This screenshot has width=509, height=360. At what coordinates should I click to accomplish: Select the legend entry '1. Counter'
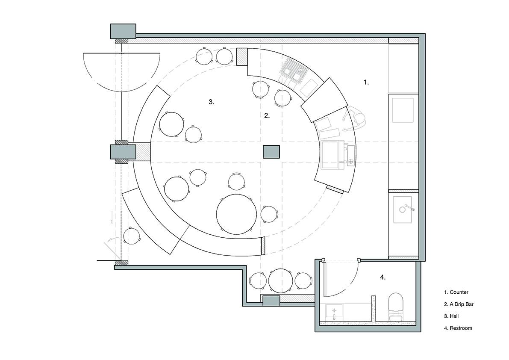[x=456, y=292]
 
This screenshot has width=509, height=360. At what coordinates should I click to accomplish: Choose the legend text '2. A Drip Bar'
[x=459, y=304]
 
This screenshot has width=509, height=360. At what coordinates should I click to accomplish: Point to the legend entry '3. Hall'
[x=451, y=316]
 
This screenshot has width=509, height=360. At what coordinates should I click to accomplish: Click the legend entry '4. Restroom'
[x=458, y=328]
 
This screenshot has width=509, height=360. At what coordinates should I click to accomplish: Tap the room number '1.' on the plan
[x=366, y=83]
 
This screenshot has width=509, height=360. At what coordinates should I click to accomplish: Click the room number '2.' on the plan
[x=267, y=115]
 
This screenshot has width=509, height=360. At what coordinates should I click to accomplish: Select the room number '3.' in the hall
[x=211, y=102]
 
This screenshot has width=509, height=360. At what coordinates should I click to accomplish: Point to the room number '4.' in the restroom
[x=383, y=277]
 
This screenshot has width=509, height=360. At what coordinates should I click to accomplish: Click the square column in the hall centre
[x=271, y=152]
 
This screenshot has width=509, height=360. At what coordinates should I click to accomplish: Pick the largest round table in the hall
[x=237, y=214]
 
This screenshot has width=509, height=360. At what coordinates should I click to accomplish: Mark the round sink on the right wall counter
[x=403, y=210]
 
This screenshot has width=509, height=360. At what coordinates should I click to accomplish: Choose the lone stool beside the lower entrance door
[x=132, y=236]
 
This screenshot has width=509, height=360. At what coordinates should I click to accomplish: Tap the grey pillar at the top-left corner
[x=123, y=31]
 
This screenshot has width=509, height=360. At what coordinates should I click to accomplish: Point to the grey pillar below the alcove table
[x=271, y=301]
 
